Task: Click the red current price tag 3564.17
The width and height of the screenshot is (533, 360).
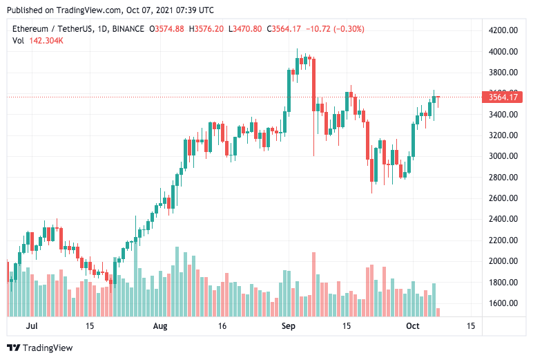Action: coord(504,97)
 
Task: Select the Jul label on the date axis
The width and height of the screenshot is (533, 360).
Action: coord(31,325)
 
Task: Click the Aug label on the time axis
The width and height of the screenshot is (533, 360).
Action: coord(160,325)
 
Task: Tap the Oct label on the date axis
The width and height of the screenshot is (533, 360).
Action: coord(413,325)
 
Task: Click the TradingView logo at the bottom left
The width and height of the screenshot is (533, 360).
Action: coord(39,348)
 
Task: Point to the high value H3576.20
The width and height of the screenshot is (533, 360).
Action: coord(207,28)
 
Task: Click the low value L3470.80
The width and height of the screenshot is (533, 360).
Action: coord(246,28)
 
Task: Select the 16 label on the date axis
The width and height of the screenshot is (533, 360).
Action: coord(222,325)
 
